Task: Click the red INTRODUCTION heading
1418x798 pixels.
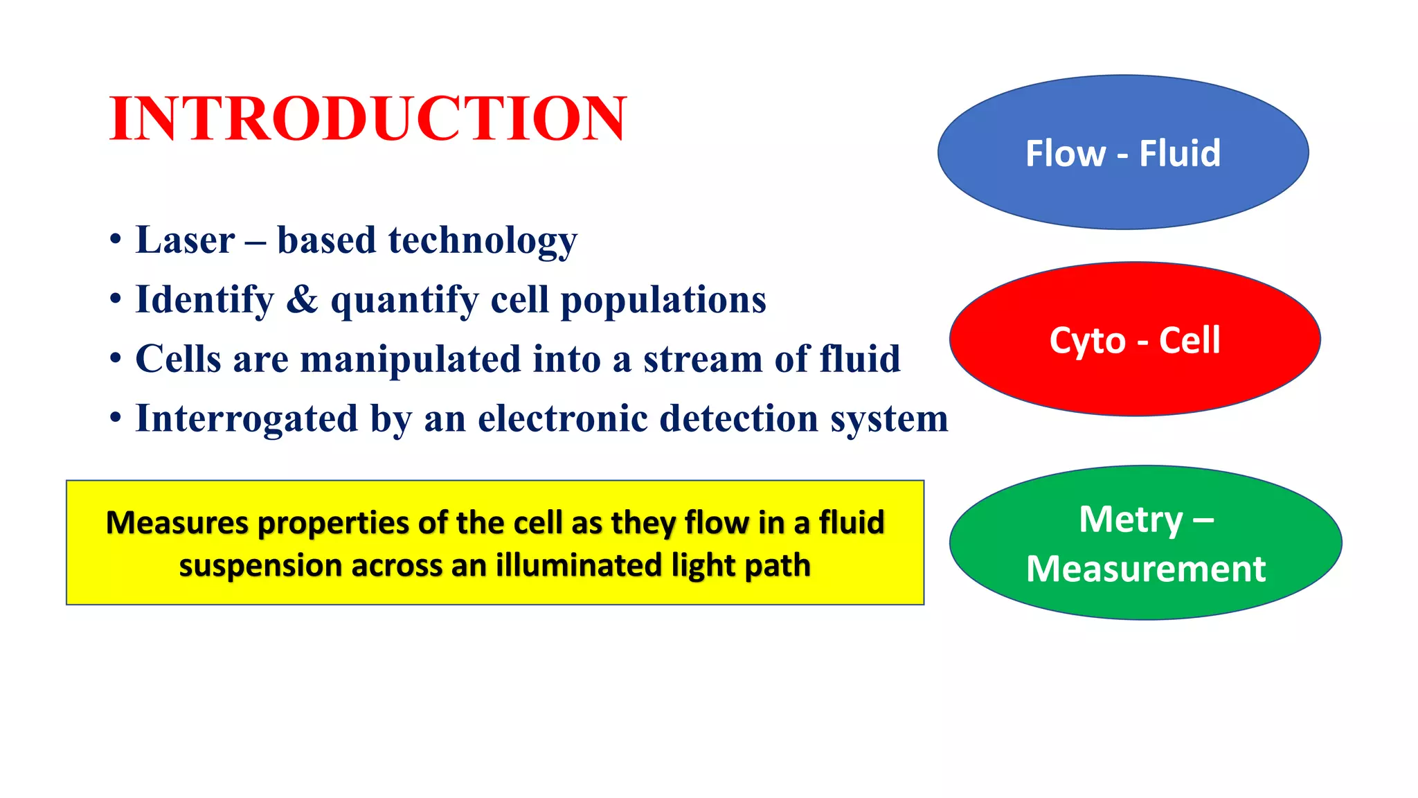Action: point(368,119)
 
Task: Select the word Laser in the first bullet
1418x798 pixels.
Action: point(185,240)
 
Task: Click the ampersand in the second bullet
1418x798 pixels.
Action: point(302,300)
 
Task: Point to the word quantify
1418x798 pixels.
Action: point(404,301)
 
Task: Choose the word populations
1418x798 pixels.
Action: point(663,301)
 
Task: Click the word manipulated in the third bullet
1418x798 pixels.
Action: point(410,360)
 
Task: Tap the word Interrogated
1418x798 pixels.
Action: point(246,419)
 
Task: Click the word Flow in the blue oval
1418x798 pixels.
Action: point(1065,153)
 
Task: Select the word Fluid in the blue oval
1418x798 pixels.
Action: point(1180,153)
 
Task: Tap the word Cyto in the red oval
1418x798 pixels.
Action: point(1087,341)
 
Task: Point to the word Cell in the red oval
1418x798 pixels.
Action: point(1190,340)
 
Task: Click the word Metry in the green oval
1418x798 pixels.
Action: point(1131,520)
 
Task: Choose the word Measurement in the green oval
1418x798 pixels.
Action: point(1146,569)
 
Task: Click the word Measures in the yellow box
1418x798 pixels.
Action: point(177,522)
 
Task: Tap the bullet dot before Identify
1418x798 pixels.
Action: point(116,300)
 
